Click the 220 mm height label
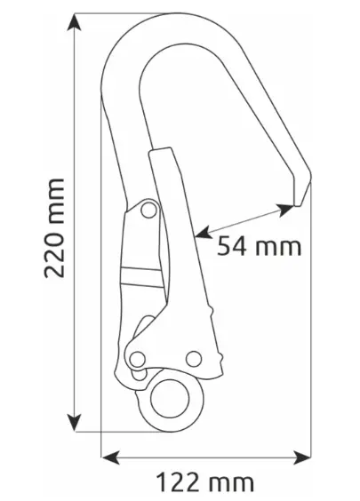coord(54,228)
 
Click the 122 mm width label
coord(205,482)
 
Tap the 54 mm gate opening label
coord(259,246)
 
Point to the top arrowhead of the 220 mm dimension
coord(74,22)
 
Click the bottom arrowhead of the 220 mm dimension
coord(74,422)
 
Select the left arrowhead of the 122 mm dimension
coord(110,457)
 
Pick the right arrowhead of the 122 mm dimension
coord(302,457)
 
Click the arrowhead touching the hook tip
coord(285,210)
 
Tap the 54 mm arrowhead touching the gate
coord(203,233)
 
